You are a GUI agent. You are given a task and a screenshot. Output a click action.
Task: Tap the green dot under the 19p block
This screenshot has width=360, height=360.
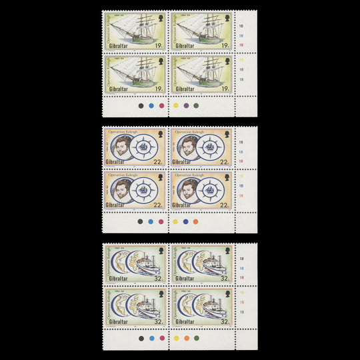click(x=196, y=105)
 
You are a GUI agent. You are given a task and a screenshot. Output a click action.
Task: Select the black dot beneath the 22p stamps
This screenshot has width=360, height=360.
click(x=140, y=221)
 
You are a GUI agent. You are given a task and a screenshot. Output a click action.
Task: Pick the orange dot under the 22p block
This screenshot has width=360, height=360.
click(x=195, y=221)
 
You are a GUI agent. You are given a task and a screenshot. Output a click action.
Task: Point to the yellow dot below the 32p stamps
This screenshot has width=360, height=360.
click(x=175, y=338)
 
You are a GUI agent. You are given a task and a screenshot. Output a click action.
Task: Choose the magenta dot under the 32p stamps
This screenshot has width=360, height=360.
click(x=163, y=338)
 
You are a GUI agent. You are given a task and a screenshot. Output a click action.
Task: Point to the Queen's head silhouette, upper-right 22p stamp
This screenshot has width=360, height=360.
click(x=227, y=135)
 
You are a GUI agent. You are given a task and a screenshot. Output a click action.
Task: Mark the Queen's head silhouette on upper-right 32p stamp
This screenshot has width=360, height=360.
click(x=227, y=251)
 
